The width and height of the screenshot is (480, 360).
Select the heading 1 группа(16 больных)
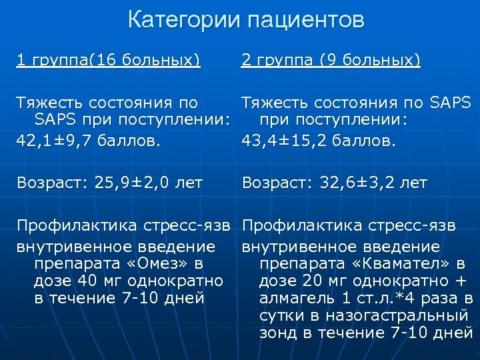pos(108,61)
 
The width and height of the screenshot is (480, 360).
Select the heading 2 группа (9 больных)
pos(331,61)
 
